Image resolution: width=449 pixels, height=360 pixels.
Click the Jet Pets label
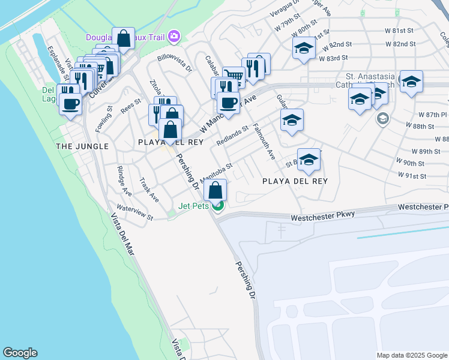coord(193,206)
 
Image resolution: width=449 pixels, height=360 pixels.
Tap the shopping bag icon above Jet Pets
coord(215,190)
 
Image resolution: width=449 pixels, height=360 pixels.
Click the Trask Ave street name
coord(149,190)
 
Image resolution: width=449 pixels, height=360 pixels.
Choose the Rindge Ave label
coord(124,181)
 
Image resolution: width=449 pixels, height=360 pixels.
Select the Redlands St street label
coord(232,136)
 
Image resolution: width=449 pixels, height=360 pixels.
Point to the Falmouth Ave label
coord(264,142)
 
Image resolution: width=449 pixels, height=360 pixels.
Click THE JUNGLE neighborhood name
coord(82,146)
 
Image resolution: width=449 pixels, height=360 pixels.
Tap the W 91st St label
coord(411,176)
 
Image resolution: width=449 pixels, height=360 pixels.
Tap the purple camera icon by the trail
coord(174,37)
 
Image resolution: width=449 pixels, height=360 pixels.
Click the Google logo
coord(20,353)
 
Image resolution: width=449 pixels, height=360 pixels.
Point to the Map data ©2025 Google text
coord(412,355)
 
